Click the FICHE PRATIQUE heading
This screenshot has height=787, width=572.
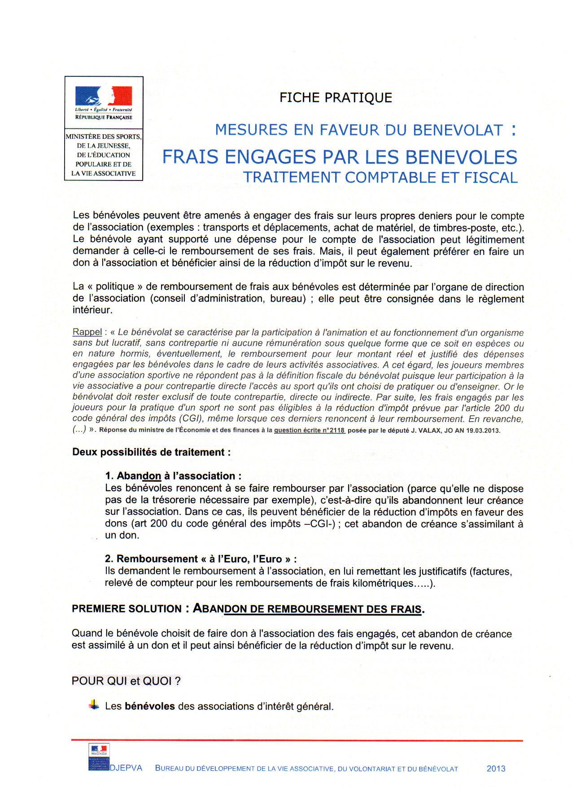pos(336,97)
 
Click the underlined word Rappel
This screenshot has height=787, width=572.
pos(87,332)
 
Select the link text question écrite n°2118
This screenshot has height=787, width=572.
pos(310,430)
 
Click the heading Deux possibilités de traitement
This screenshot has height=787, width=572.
pos(152,452)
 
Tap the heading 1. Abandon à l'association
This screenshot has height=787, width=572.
pos(173,476)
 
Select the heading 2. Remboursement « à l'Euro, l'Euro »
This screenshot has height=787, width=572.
pos(201,559)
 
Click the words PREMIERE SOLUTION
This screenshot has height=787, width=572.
pos(127,609)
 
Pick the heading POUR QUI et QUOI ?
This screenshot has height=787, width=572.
pos(126,681)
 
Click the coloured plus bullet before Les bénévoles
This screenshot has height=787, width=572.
pos(94,705)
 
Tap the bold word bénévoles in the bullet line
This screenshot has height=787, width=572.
pos(149,706)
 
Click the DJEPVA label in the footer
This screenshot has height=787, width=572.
pos(126,768)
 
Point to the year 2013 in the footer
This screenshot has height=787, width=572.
pos(496,769)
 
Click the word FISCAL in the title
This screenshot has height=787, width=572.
pos(491,178)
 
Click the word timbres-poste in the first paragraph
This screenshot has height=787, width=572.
pos(462,228)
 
